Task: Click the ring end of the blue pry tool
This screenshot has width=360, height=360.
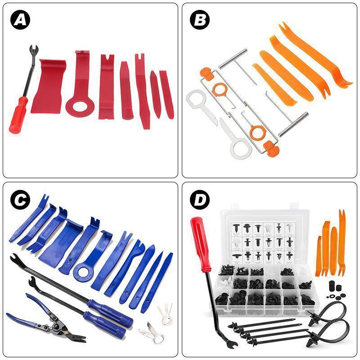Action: coord(83,272)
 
